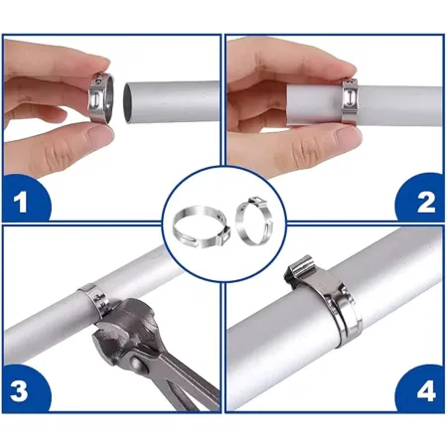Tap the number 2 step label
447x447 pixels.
click(425, 202)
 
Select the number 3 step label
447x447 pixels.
click(19, 391)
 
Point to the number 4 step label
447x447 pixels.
click(426, 391)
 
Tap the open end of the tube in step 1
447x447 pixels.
click(127, 103)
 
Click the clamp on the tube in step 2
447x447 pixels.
click(351, 100)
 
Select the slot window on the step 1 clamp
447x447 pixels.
click(95, 98)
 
